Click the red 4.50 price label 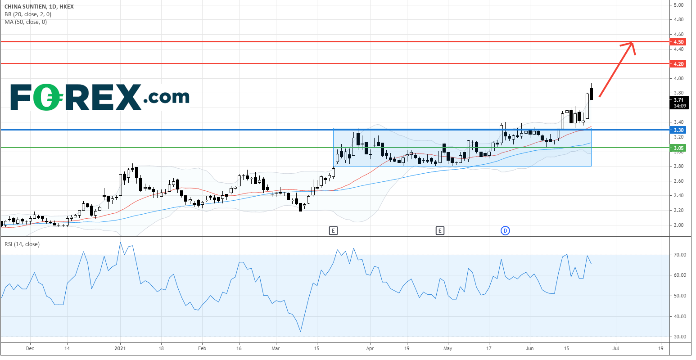(x=679, y=42)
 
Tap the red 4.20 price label (x=679, y=64)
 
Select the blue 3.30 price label (x=679, y=130)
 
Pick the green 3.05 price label (x=679, y=148)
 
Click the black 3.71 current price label (x=679, y=100)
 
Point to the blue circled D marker (x=505, y=231)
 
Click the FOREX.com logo (x=99, y=97)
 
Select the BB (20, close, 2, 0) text (x=27, y=14)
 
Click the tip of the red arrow (x=632, y=43)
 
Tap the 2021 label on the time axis (x=120, y=348)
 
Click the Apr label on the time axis (x=370, y=348)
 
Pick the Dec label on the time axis (x=30, y=348)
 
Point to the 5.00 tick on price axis (x=679, y=5)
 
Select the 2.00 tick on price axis (x=679, y=225)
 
